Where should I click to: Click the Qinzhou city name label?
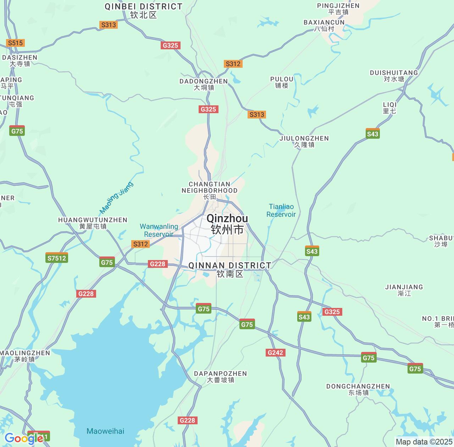[x=227, y=224]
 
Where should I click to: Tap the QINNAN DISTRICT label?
[x=230, y=269]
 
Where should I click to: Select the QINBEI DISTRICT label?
[x=143, y=11]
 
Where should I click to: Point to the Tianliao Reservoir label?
[x=281, y=210]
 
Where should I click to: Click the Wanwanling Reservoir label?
[x=159, y=230]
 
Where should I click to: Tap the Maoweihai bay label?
[x=105, y=431]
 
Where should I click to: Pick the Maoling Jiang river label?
[x=116, y=198]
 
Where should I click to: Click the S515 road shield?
[x=15, y=43]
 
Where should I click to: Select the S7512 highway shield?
[x=57, y=258]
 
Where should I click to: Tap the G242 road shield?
[x=275, y=352]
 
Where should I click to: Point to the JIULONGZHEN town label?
[x=304, y=141]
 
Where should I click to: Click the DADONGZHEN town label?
[x=204, y=84]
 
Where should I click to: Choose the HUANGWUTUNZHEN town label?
[x=93, y=223]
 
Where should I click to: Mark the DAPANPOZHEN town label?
[x=220, y=376]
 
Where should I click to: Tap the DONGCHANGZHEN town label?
[x=358, y=389]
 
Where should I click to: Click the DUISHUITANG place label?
[x=394, y=76]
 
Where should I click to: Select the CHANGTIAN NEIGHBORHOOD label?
[x=209, y=190]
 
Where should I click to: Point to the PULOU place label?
[x=282, y=82]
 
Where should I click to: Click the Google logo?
[x=23, y=438]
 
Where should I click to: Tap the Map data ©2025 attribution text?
[x=424, y=442]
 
